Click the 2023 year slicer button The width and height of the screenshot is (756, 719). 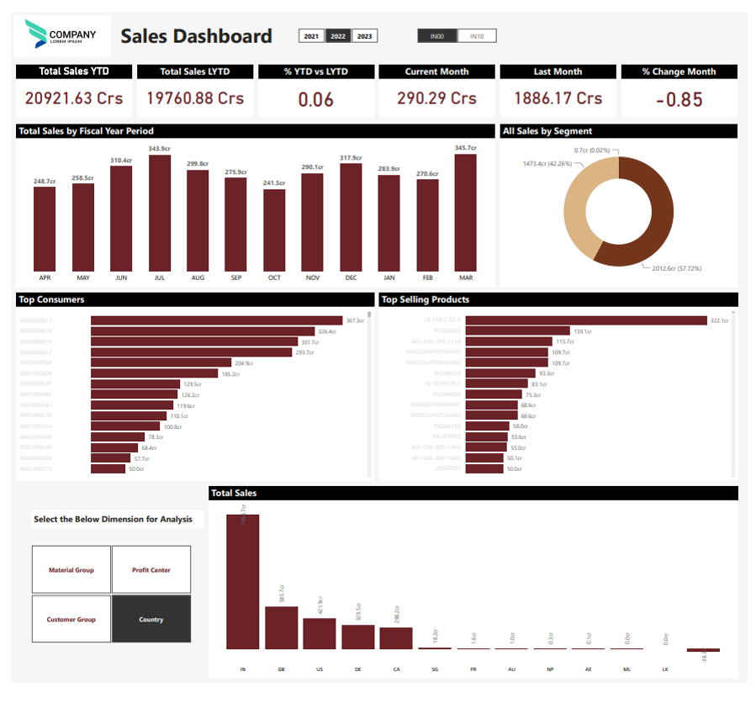point(364,36)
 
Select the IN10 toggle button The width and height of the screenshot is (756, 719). point(477,36)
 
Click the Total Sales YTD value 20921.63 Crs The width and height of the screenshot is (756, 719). point(74,98)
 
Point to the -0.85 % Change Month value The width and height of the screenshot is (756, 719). point(679,99)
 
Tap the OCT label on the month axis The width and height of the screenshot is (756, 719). point(274,278)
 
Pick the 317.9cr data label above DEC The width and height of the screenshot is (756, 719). point(351,158)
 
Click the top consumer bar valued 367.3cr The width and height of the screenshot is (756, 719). point(217,320)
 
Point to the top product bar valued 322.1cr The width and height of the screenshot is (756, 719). point(586,320)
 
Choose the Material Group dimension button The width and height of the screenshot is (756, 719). point(71,570)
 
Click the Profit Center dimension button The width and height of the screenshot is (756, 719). point(151,570)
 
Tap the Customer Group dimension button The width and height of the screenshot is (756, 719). point(71,620)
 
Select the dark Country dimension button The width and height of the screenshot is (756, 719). point(151,620)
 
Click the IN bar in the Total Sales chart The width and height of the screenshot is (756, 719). point(243,581)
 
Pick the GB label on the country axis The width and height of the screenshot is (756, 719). point(281,669)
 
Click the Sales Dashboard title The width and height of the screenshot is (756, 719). point(196,36)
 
